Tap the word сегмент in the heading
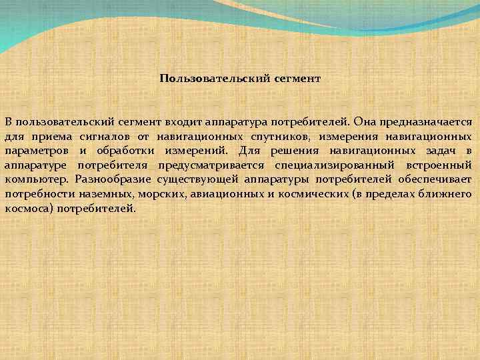[x=297, y=79]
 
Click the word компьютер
[x=36, y=179]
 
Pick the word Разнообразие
[x=112, y=179]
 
